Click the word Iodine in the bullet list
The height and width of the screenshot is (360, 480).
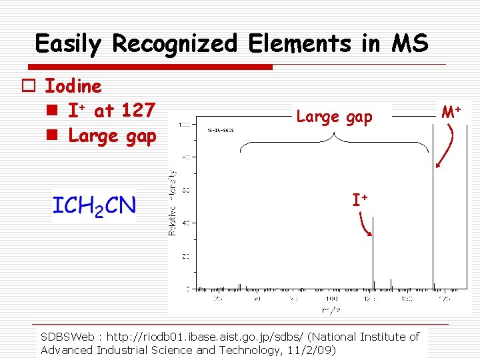(x=73, y=86)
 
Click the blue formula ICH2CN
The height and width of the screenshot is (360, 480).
(x=94, y=205)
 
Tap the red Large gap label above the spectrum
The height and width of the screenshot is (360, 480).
(x=334, y=117)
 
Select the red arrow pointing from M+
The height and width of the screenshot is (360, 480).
(x=445, y=147)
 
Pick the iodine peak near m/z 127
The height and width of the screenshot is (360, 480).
(x=373, y=253)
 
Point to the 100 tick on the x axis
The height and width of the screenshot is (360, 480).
(x=331, y=299)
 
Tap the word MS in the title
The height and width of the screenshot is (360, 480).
(x=410, y=44)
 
